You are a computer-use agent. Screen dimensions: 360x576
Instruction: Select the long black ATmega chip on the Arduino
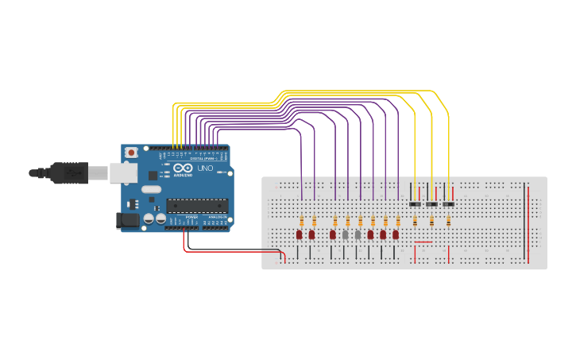point(196,206)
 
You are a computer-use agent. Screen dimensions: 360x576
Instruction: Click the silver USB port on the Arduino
point(122,172)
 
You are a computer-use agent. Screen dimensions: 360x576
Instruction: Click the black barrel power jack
point(126,221)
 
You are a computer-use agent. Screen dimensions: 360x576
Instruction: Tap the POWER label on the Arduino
point(191,216)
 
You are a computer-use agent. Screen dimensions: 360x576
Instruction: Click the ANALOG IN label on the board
point(216,216)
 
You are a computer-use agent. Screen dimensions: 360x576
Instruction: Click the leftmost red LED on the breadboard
point(300,235)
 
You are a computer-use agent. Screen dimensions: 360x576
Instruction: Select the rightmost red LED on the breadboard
point(396,235)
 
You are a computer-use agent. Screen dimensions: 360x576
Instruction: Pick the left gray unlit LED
point(346,235)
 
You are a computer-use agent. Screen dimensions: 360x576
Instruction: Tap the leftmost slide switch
point(414,204)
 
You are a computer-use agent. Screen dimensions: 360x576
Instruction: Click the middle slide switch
point(431,204)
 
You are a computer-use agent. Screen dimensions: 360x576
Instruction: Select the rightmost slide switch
point(449,204)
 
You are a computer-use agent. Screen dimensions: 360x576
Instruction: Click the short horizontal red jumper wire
point(423,242)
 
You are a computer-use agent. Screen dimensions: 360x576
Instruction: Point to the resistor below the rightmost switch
point(449,221)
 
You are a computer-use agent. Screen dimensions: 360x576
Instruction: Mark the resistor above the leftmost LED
point(302,220)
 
